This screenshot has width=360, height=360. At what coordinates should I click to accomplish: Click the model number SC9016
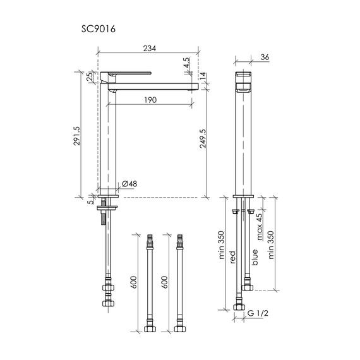98,28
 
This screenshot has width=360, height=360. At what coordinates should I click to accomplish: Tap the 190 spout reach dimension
150,100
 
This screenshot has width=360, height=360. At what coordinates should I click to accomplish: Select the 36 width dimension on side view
265,57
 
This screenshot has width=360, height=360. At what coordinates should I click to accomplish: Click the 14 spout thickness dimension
203,76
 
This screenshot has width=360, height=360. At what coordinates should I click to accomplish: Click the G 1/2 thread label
256,313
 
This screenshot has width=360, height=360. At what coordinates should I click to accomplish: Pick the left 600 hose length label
134,282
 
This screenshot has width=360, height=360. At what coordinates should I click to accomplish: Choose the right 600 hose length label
167,282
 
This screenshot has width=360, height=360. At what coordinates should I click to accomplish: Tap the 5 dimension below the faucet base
91,202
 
